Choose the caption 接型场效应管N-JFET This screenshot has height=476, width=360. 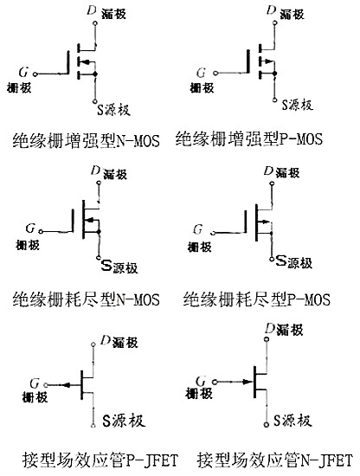pyautogui.click(x=274, y=458)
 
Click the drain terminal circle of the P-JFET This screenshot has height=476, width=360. pyautogui.click(x=93, y=344)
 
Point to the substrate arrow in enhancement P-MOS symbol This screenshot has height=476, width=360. pyautogui.click(x=268, y=62)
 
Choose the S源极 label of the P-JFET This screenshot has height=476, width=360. pyautogui.click(x=116, y=421)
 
